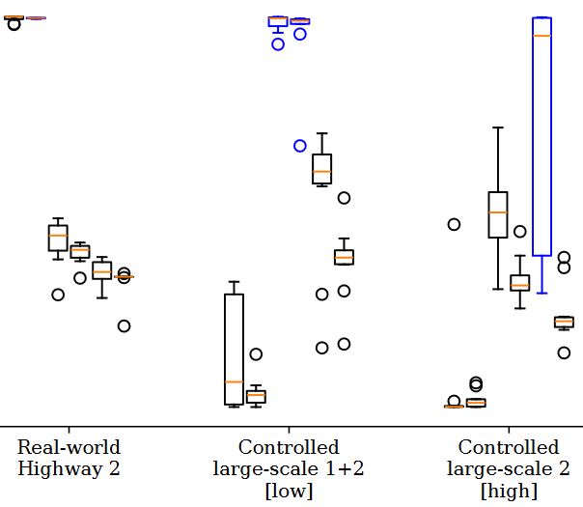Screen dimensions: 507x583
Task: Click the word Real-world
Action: tap(69, 448)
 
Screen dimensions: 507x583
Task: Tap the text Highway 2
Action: tap(69, 469)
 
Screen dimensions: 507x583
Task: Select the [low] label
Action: tap(289, 491)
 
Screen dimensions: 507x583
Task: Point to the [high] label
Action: tap(509, 491)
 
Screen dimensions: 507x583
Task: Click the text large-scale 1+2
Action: tap(289, 469)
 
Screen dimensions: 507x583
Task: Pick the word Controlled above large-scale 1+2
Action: tap(289, 448)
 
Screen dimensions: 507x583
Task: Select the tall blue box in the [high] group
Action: tap(541, 155)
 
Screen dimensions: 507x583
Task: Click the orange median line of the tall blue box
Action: tap(541, 36)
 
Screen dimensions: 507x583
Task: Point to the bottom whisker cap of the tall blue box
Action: tap(541, 293)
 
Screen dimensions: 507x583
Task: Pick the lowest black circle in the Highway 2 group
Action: tap(124, 325)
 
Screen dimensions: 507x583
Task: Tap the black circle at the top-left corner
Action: tap(14, 24)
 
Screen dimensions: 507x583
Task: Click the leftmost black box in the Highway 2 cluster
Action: tap(58, 238)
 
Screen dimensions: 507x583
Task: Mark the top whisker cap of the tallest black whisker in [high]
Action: tap(498, 127)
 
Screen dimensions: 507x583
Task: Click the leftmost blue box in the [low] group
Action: tap(278, 21)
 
